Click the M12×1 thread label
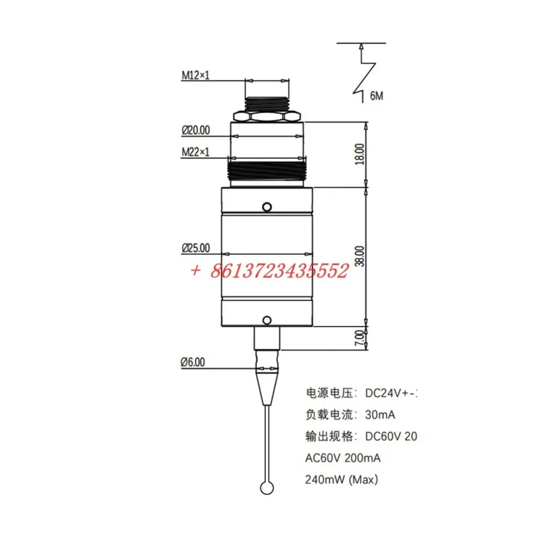pyautogui.click(x=195, y=76)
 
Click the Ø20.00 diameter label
pyautogui.click(x=195, y=129)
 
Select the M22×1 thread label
pyautogui.click(x=195, y=152)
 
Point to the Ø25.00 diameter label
pyautogui.click(x=195, y=248)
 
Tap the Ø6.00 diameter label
pyautogui.click(x=193, y=362)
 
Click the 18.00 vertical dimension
pyautogui.click(x=360, y=153)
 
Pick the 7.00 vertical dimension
pyautogui.click(x=360, y=336)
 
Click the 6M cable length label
pyautogui.click(x=377, y=97)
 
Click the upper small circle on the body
pyautogui.click(x=267, y=206)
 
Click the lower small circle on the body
pyautogui.click(x=267, y=319)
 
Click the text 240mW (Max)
pyautogui.click(x=343, y=480)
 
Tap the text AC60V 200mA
pyautogui.click(x=344, y=458)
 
